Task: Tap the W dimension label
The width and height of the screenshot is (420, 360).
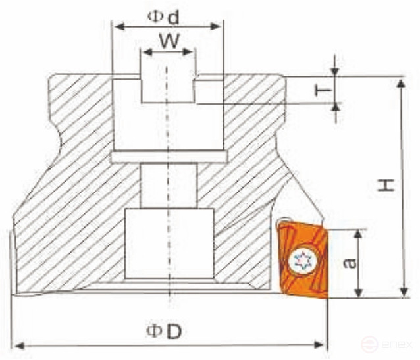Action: (169, 41)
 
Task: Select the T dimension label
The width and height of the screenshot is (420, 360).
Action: (322, 90)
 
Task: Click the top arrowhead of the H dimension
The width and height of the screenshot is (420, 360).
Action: (401, 82)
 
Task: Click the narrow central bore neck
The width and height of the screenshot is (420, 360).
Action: (169, 185)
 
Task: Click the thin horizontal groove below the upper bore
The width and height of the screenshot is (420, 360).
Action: (169, 157)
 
